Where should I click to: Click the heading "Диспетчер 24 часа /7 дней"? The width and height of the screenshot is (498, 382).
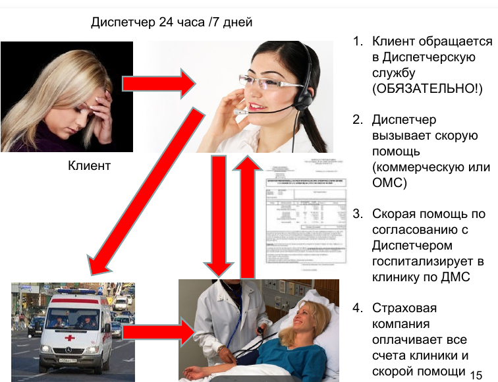[x=171, y=22]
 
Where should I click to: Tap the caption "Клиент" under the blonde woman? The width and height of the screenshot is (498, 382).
[x=90, y=166]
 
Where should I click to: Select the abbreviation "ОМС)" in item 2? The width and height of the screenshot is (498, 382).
[x=389, y=182]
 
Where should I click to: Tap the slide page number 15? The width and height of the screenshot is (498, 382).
[x=477, y=373]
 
